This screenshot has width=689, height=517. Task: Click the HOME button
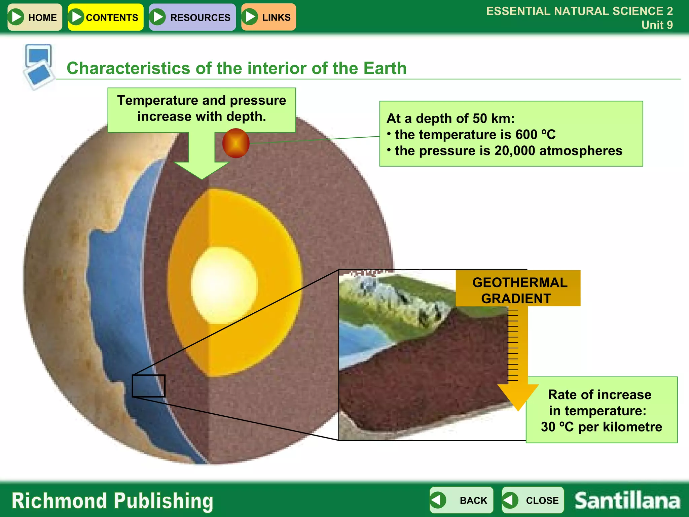(35, 17)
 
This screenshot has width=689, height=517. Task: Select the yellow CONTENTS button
(105, 17)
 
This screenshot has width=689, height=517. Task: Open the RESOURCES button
(192, 17)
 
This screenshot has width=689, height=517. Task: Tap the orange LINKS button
(268, 17)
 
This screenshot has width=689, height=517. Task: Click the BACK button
(461, 500)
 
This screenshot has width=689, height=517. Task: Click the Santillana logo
(627, 501)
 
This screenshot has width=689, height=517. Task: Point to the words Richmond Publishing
(112, 501)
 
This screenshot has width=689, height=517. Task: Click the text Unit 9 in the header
(657, 25)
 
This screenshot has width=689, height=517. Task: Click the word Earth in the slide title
(385, 68)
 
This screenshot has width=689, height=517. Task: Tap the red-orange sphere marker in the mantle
(236, 143)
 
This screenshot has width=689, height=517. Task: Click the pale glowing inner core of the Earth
(224, 285)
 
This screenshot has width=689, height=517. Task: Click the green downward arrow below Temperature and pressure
(202, 158)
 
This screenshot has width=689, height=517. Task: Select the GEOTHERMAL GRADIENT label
(518, 290)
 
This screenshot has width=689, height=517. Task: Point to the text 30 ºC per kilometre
(601, 427)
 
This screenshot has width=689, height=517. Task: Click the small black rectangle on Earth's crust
(148, 386)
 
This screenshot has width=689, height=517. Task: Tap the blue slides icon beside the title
(39, 66)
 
